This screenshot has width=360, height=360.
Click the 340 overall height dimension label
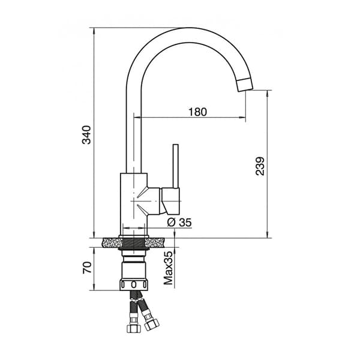click(x=87, y=134)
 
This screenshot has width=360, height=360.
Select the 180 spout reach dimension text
click(x=197, y=111)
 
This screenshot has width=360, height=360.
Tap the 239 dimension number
click(x=260, y=166)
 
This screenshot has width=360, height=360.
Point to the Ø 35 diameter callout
click(x=179, y=223)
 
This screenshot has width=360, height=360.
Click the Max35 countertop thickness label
click(x=169, y=268)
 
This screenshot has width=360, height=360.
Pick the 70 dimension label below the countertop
click(x=87, y=268)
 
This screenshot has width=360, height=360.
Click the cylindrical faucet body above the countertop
click(x=133, y=201)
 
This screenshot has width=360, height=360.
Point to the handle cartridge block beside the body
click(x=169, y=200)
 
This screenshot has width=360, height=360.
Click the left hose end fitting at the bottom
click(x=132, y=327)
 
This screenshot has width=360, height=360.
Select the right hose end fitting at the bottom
click(x=149, y=327)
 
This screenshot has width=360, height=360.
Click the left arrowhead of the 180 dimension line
click(x=135, y=118)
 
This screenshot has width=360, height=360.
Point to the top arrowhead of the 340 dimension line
click(x=94, y=31)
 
